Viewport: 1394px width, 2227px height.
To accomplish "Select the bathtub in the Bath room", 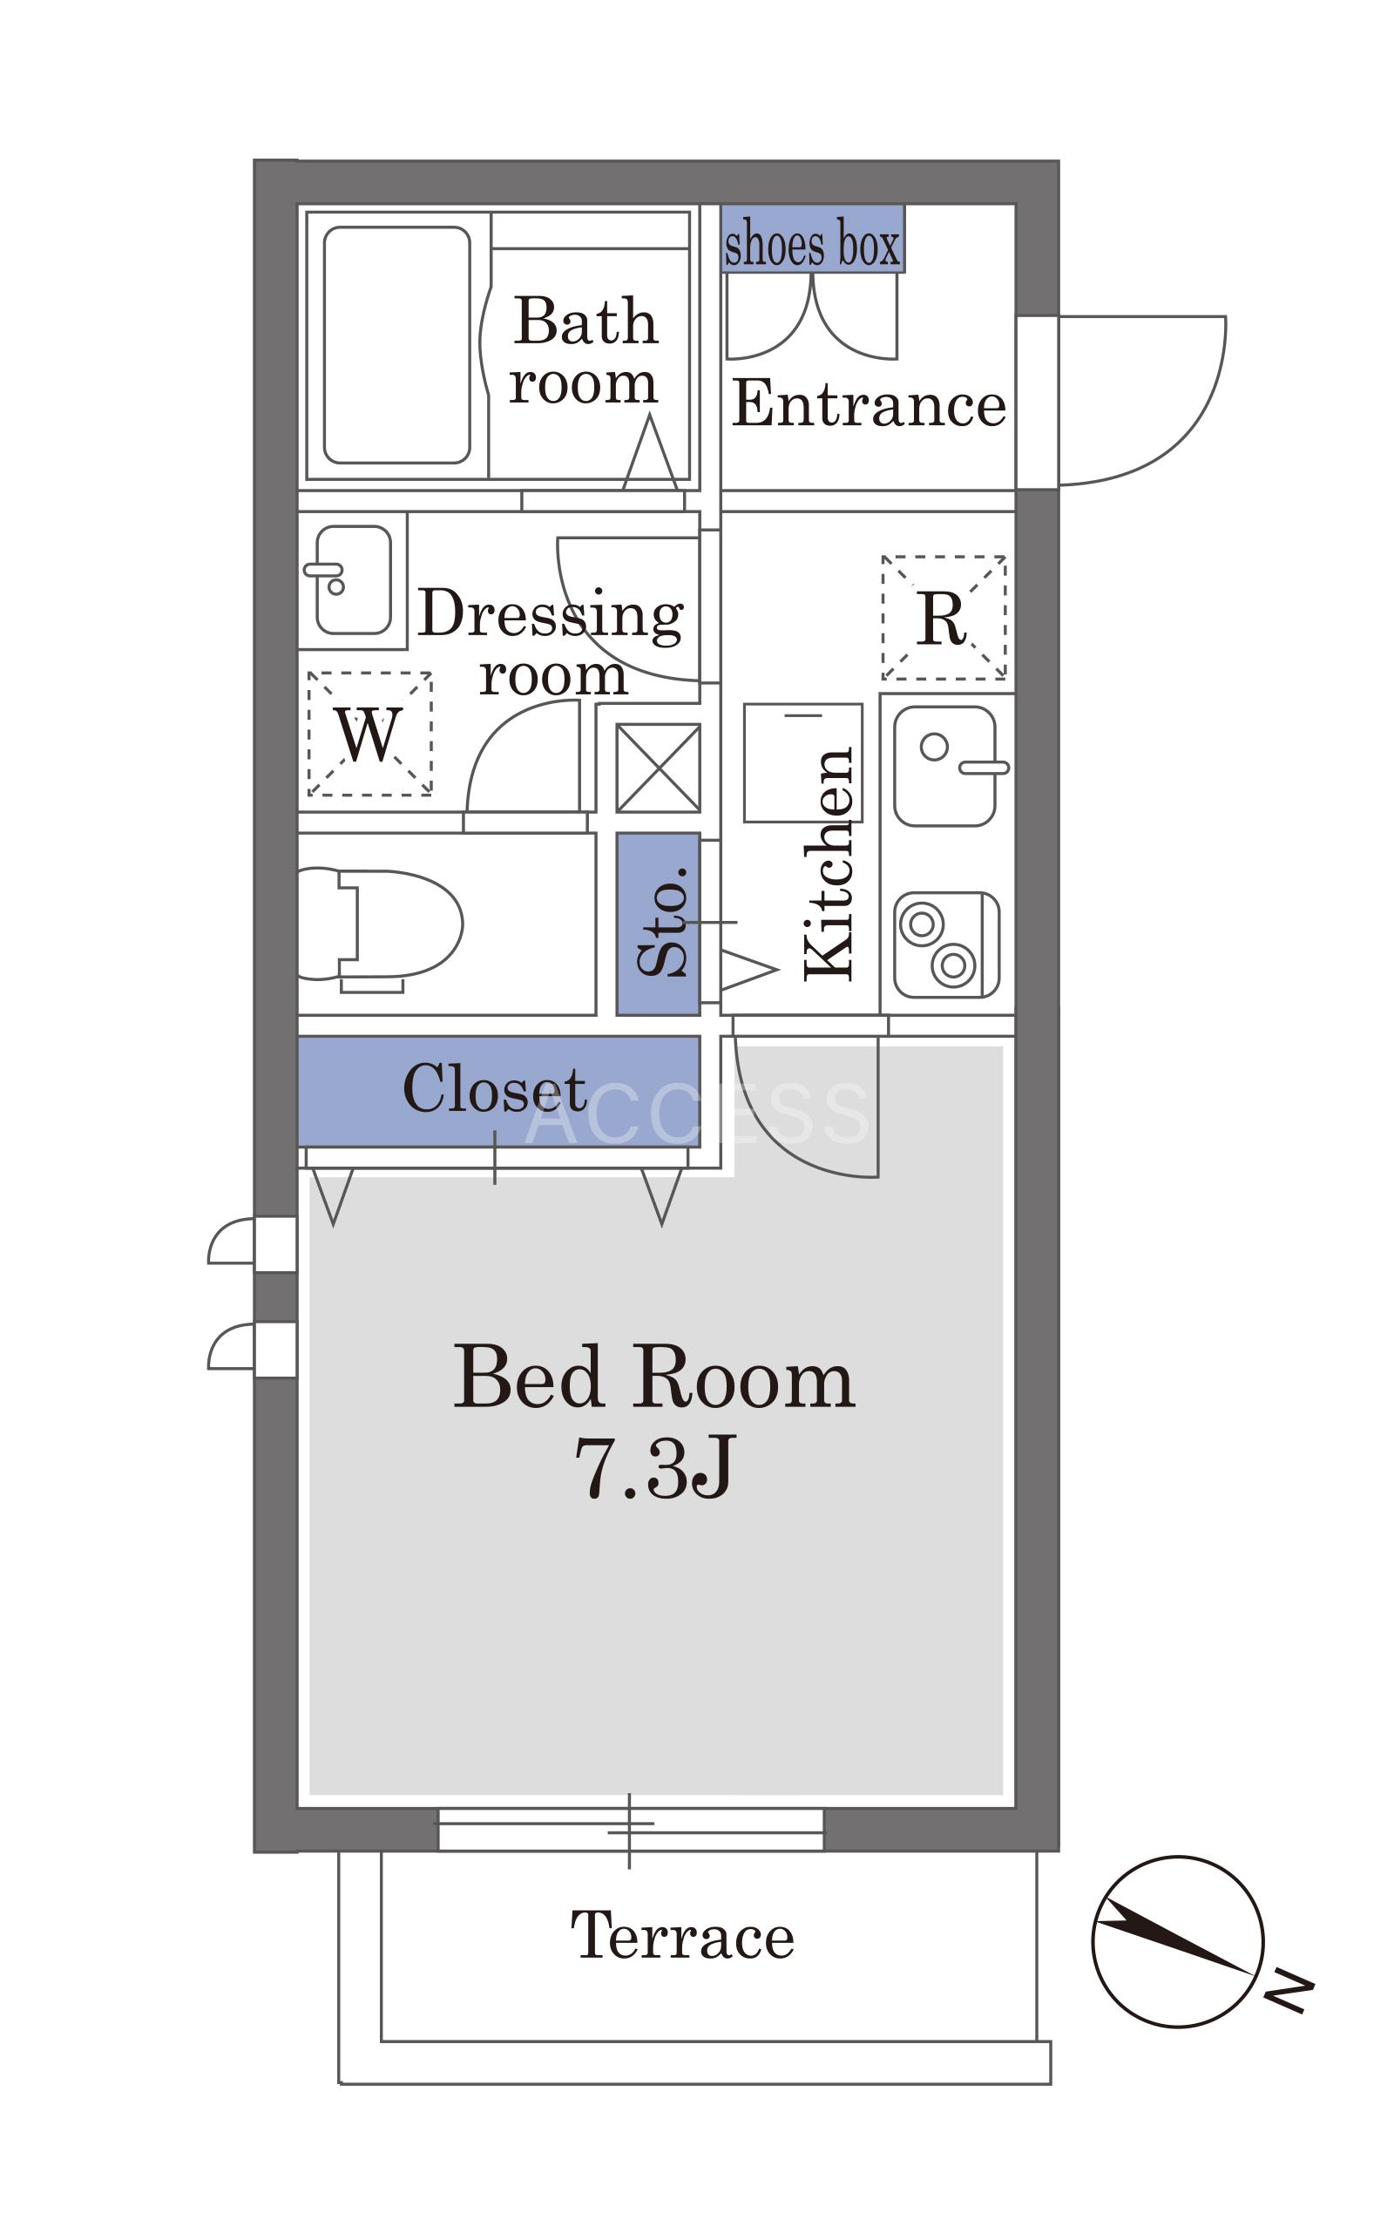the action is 396,345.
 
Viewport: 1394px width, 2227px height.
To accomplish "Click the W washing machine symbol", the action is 369,734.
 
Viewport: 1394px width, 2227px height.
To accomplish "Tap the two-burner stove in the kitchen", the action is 946,944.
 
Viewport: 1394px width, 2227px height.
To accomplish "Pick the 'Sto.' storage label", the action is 664,920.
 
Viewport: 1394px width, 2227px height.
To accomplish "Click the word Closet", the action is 494,1088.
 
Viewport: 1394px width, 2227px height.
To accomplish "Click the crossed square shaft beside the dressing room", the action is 659,768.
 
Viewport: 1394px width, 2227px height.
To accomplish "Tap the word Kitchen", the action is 829,863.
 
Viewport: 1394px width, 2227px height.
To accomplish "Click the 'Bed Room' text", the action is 653,1377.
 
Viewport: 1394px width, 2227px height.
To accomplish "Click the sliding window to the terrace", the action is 631,1829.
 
